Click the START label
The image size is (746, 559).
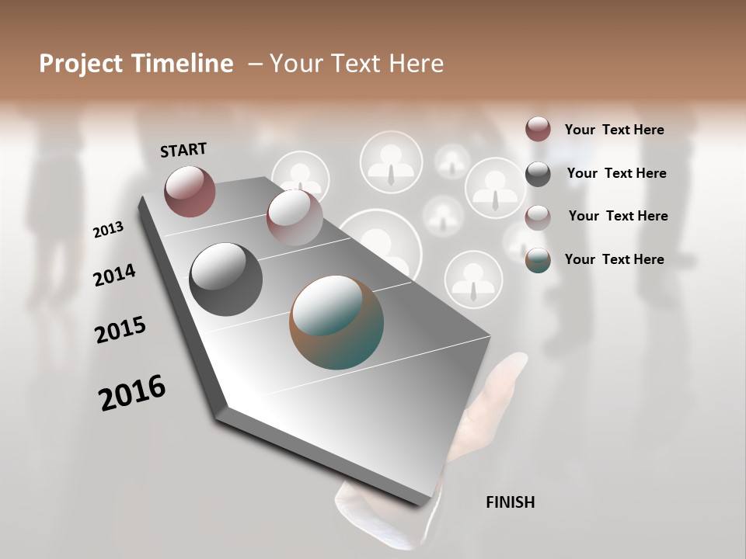pyautogui.click(x=183, y=149)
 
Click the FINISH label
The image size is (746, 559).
pyautogui.click(x=510, y=502)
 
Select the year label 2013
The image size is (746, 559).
pyautogui.click(x=108, y=229)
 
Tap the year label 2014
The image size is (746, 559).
pyautogui.click(x=114, y=275)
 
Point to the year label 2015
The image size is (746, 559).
pyautogui.click(x=120, y=329)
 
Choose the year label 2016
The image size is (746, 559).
pyautogui.click(x=132, y=392)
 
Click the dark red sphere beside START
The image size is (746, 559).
pyautogui.click(x=190, y=191)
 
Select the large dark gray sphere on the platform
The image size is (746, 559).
pyautogui.click(x=225, y=279)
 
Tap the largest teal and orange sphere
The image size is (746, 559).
pyautogui.click(x=336, y=322)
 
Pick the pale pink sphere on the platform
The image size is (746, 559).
pyautogui.click(x=295, y=217)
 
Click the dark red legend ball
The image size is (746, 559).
pyautogui.click(x=538, y=129)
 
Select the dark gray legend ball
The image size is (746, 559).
pyautogui.click(x=538, y=174)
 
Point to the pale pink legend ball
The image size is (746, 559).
pyautogui.click(x=538, y=217)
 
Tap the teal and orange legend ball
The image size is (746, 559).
pyautogui.click(x=538, y=261)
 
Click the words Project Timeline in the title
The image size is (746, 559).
pyautogui.click(x=136, y=64)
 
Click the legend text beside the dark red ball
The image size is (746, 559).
pyautogui.click(x=614, y=130)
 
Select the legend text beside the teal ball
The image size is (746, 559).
pyautogui.click(x=614, y=259)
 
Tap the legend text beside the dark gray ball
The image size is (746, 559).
pyautogui.click(x=616, y=173)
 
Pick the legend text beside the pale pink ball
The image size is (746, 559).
pyautogui.click(x=618, y=216)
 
